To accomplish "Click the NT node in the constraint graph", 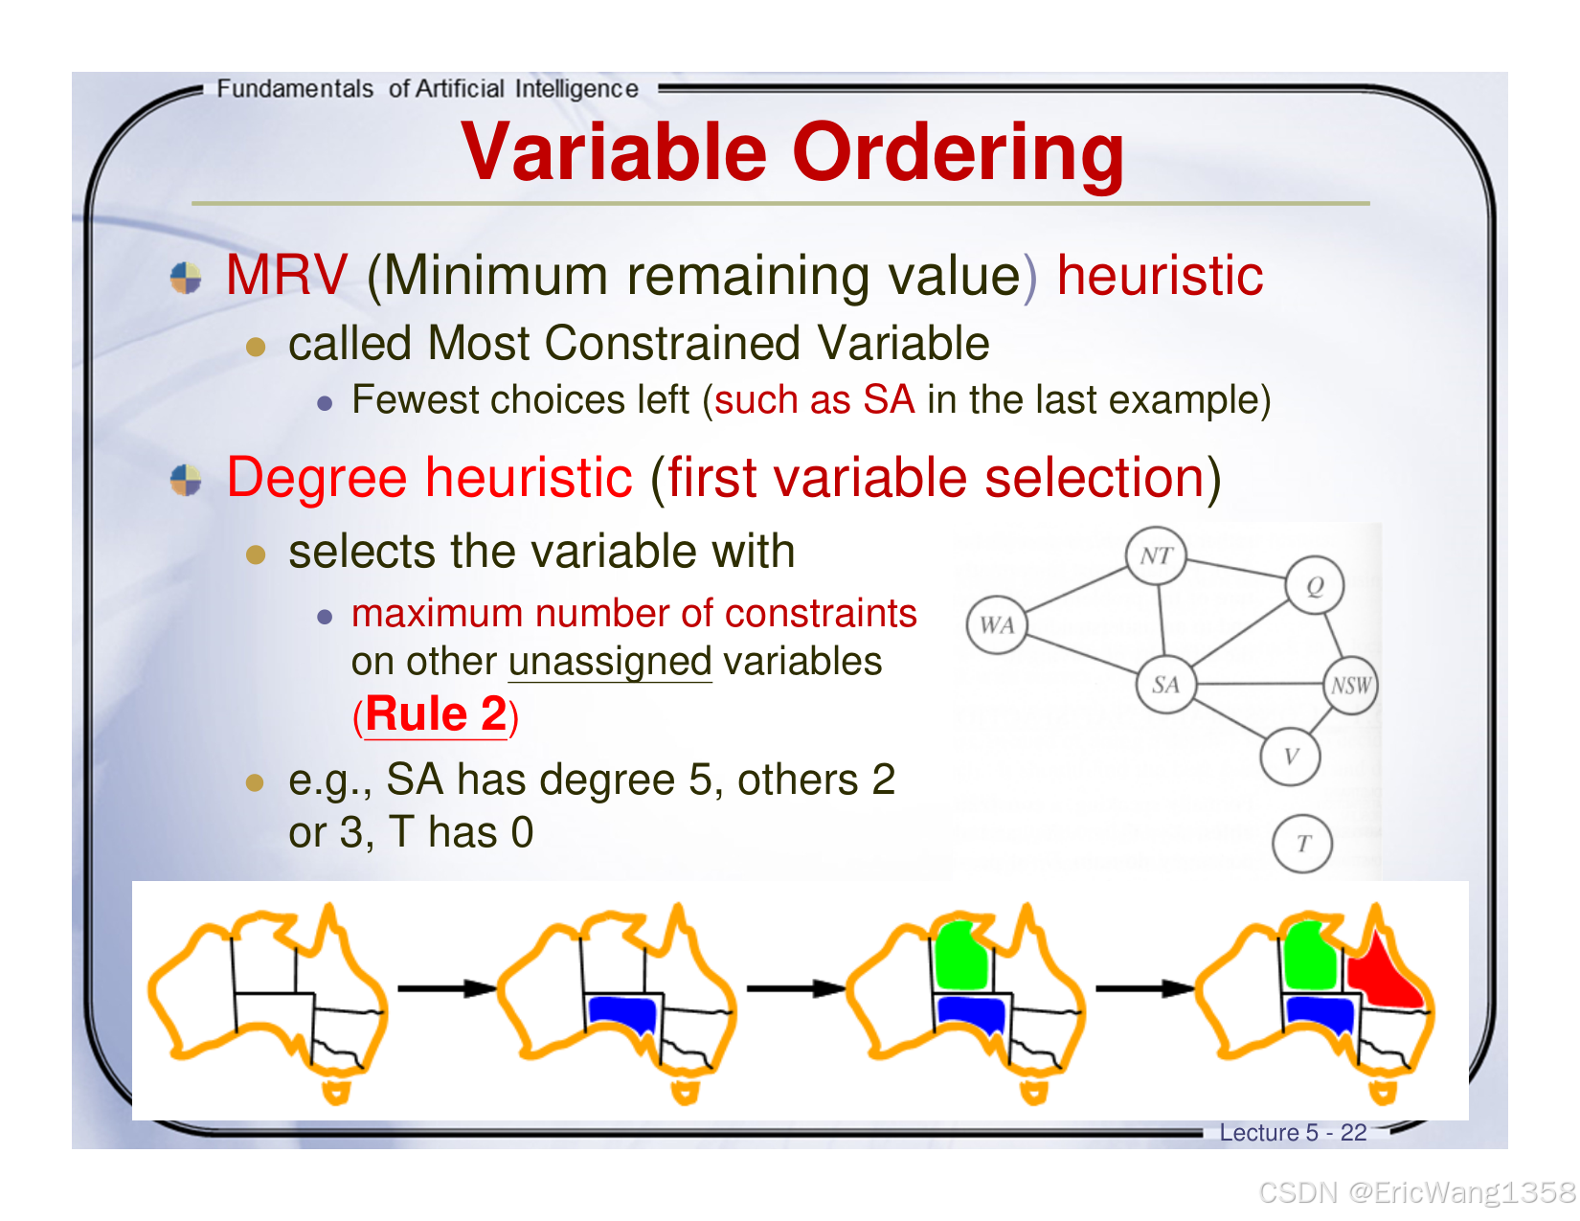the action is pyautogui.click(x=1155, y=555).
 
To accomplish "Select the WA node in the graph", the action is pyautogui.click(x=996, y=624).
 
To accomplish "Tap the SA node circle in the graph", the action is pyautogui.click(x=1165, y=684).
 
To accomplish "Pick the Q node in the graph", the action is pyautogui.click(x=1314, y=585).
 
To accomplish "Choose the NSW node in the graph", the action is pyautogui.click(x=1350, y=685).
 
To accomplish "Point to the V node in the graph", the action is pyautogui.click(x=1290, y=757).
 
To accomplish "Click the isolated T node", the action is pyautogui.click(x=1302, y=843).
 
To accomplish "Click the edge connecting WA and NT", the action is pyautogui.click(x=1077, y=589).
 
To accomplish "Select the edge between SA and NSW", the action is pyautogui.click(x=1258, y=684).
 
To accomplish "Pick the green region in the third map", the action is pyautogui.click(x=960, y=955).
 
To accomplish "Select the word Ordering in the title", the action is pyautogui.click(x=958, y=152).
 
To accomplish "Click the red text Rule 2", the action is pyautogui.click(x=436, y=713).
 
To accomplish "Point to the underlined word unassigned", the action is pyautogui.click(x=609, y=662).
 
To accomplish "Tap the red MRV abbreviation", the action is pyautogui.click(x=286, y=275).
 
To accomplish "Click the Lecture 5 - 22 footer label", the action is pyautogui.click(x=1293, y=1132).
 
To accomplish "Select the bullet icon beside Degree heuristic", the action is pyautogui.click(x=186, y=480).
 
